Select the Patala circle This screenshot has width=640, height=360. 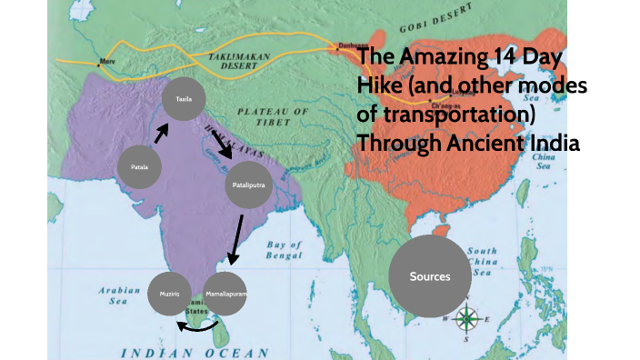140,167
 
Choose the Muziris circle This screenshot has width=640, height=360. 170,295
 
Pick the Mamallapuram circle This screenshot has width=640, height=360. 225,295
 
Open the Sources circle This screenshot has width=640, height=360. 429,275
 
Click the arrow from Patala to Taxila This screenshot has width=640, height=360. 161,134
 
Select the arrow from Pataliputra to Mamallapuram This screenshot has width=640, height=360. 235,240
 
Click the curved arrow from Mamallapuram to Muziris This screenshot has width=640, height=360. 197,327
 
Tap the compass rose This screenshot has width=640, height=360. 466,318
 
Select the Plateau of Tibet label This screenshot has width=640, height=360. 274,116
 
